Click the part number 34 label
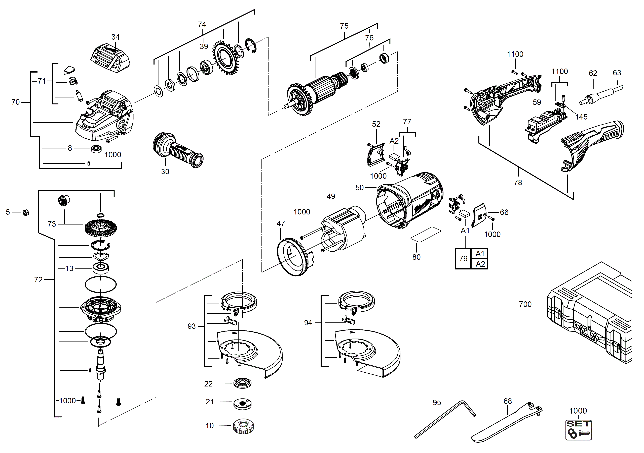[x=115, y=37]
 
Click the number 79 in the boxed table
[x=463, y=259]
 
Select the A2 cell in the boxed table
[x=480, y=264]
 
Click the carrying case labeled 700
[x=589, y=314]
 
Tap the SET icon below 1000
[x=578, y=430]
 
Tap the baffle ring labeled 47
[x=293, y=256]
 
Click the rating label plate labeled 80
[x=426, y=234]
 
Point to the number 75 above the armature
[x=344, y=26]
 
